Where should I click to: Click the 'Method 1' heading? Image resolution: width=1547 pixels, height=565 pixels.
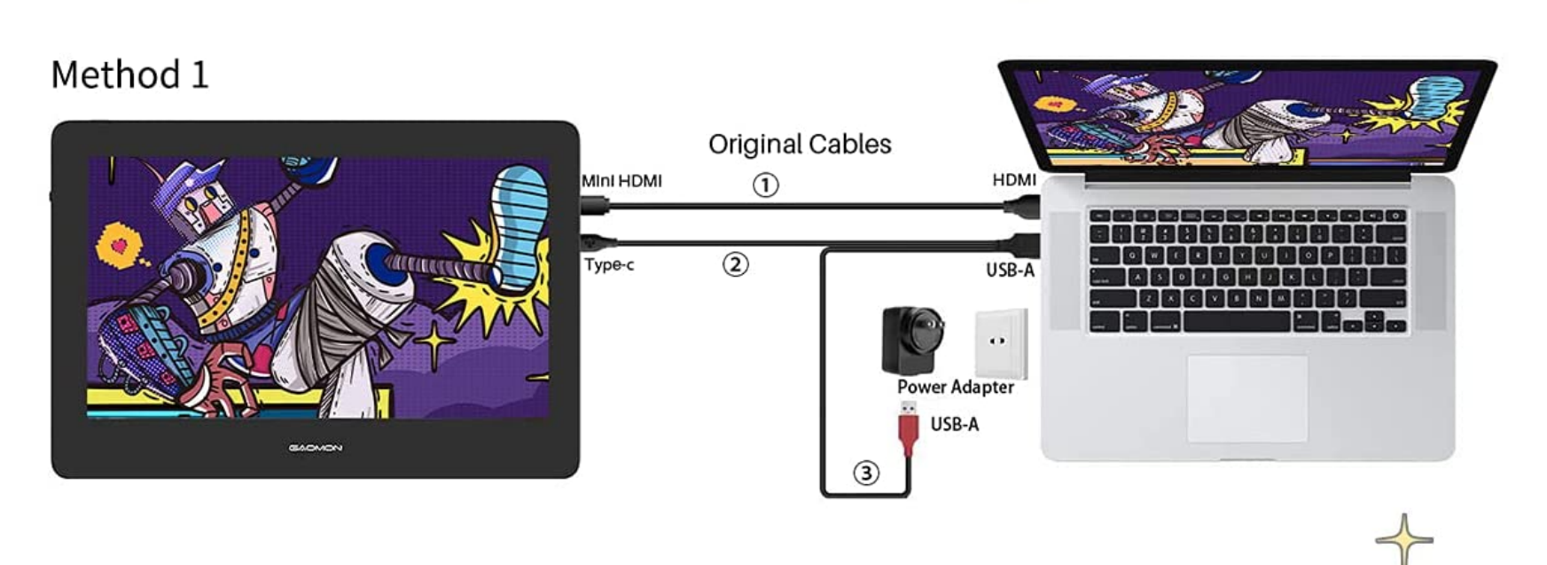129,75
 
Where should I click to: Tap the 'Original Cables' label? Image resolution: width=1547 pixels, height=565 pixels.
800,144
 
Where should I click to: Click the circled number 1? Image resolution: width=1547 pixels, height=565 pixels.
766,185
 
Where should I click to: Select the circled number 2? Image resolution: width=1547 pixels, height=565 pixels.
735,264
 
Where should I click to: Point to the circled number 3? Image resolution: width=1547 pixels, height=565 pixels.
866,473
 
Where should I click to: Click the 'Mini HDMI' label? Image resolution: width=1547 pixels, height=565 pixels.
621,181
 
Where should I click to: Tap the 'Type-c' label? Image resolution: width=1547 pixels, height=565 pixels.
609,264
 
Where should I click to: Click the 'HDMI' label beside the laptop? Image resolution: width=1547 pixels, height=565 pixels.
1014,180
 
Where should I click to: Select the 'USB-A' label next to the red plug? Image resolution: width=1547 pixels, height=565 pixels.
955,424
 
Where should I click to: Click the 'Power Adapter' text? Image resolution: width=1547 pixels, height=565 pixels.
955,387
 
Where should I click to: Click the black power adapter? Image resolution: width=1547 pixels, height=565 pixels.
910,339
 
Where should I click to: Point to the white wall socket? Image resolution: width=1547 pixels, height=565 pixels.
1000,342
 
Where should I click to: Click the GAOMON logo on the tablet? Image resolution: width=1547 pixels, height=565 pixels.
315,448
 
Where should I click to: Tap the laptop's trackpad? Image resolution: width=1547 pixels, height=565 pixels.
1246,397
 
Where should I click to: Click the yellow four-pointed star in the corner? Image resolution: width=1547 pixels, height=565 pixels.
1404,538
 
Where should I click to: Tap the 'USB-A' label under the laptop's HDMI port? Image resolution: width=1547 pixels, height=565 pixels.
1010,270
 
